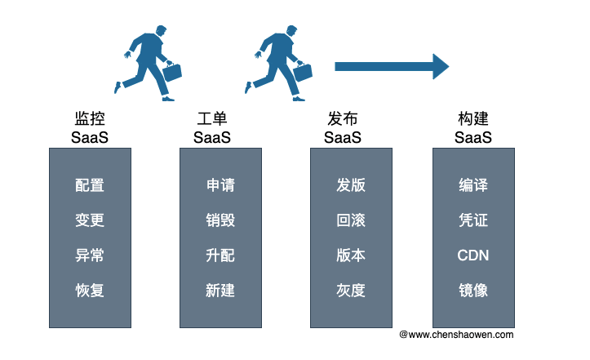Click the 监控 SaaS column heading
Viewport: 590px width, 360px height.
click(90, 128)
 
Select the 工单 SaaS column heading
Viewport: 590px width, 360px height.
click(212, 128)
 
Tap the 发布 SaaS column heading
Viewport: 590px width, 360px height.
click(343, 128)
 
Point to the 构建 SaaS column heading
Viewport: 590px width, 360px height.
click(473, 128)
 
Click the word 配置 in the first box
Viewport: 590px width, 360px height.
click(90, 185)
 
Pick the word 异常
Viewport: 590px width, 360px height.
click(90, 256)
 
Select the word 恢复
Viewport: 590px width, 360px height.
click(90, 291)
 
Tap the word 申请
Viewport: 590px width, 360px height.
click(220, 185)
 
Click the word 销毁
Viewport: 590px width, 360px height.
click(220, 220)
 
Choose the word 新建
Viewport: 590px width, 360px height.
click(220, 291)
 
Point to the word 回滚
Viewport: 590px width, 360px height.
click(351, 220)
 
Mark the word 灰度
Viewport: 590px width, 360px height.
click(351, 291)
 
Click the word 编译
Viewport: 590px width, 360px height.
click(473, 185)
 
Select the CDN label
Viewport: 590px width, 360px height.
click(473, 256)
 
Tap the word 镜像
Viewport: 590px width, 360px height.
click(473, 291)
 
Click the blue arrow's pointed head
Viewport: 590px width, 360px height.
click(449, 67)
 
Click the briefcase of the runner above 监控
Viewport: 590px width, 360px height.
click(172, 72)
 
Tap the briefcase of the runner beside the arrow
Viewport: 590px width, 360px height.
click(303, 72)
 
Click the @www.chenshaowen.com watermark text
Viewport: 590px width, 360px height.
click(456, 335)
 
